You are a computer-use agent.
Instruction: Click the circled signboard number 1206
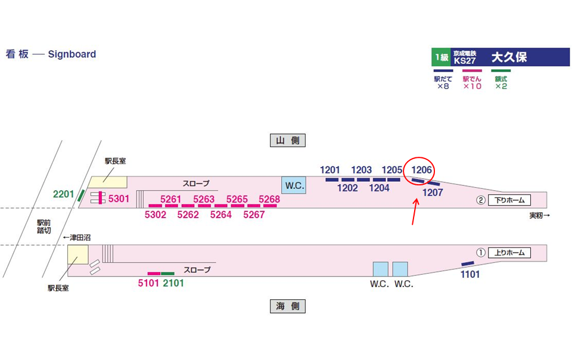point(421,170)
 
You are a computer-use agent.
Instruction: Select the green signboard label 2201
point(63,194)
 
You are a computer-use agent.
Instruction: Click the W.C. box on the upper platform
point(294,185)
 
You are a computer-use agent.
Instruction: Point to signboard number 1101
point(469,275)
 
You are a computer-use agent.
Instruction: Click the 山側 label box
point(287,141)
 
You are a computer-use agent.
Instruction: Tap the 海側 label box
point(287,306)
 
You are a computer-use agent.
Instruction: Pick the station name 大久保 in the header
point(509,58)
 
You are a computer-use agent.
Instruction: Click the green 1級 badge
point(441,58)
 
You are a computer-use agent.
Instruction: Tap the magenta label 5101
point(148,283)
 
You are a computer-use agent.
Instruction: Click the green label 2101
point(173,283)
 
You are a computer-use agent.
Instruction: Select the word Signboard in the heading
point(72,54)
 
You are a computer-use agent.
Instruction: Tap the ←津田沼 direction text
point(77,237)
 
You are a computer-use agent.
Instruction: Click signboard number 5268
point(269,199)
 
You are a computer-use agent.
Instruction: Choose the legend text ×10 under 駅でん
point(472,86)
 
